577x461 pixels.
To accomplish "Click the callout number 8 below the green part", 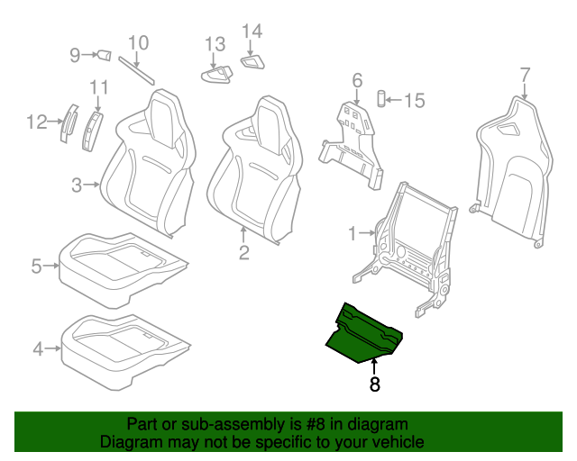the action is (374, 384).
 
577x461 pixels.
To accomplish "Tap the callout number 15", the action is (415, 100).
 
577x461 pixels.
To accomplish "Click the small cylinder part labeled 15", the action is (381, 98).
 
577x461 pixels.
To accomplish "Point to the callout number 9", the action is (75, 55).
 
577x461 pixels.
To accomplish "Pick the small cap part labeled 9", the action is (105, 56).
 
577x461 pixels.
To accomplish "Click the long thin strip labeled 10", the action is (136, 70).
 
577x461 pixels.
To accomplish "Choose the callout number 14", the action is (252, 32).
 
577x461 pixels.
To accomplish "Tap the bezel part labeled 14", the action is (252, 62).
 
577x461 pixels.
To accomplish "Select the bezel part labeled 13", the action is (217, 75).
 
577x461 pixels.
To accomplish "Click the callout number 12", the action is (37, 122).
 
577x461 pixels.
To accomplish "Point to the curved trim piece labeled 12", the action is (69, 123).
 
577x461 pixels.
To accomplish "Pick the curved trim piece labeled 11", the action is (92, 131).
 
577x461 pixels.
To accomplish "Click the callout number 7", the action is (525, 75).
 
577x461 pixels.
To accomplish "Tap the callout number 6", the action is (357, 80).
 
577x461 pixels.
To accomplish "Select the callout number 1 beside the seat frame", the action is (353, 233).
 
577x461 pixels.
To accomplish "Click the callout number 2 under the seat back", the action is (244, 252).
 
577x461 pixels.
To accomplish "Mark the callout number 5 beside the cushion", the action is (36, 266).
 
